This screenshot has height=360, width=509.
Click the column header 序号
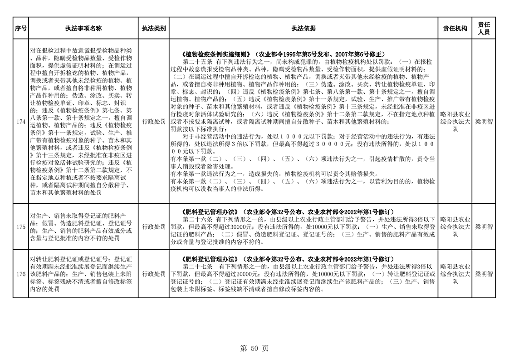pos(20,28)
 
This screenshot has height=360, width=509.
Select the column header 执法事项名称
pos(83,28)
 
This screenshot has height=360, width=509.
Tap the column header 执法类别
pos(153,28)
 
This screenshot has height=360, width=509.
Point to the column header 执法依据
pos(303,28)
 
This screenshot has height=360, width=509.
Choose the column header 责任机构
pos(455,28)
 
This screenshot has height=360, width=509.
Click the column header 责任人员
pos(484,28)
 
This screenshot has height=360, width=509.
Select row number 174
pos(20,122)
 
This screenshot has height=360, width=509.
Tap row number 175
pos(20,227)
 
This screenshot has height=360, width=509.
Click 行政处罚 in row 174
pos(153,122)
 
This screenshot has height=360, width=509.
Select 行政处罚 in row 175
pos(153,227)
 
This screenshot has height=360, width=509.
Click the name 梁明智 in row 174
pos(484,122)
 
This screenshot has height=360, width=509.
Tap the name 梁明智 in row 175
pos(484,227)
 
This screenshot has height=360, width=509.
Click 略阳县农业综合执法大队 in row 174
pos(455,122)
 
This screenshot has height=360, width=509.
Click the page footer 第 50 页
pos(254,348)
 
